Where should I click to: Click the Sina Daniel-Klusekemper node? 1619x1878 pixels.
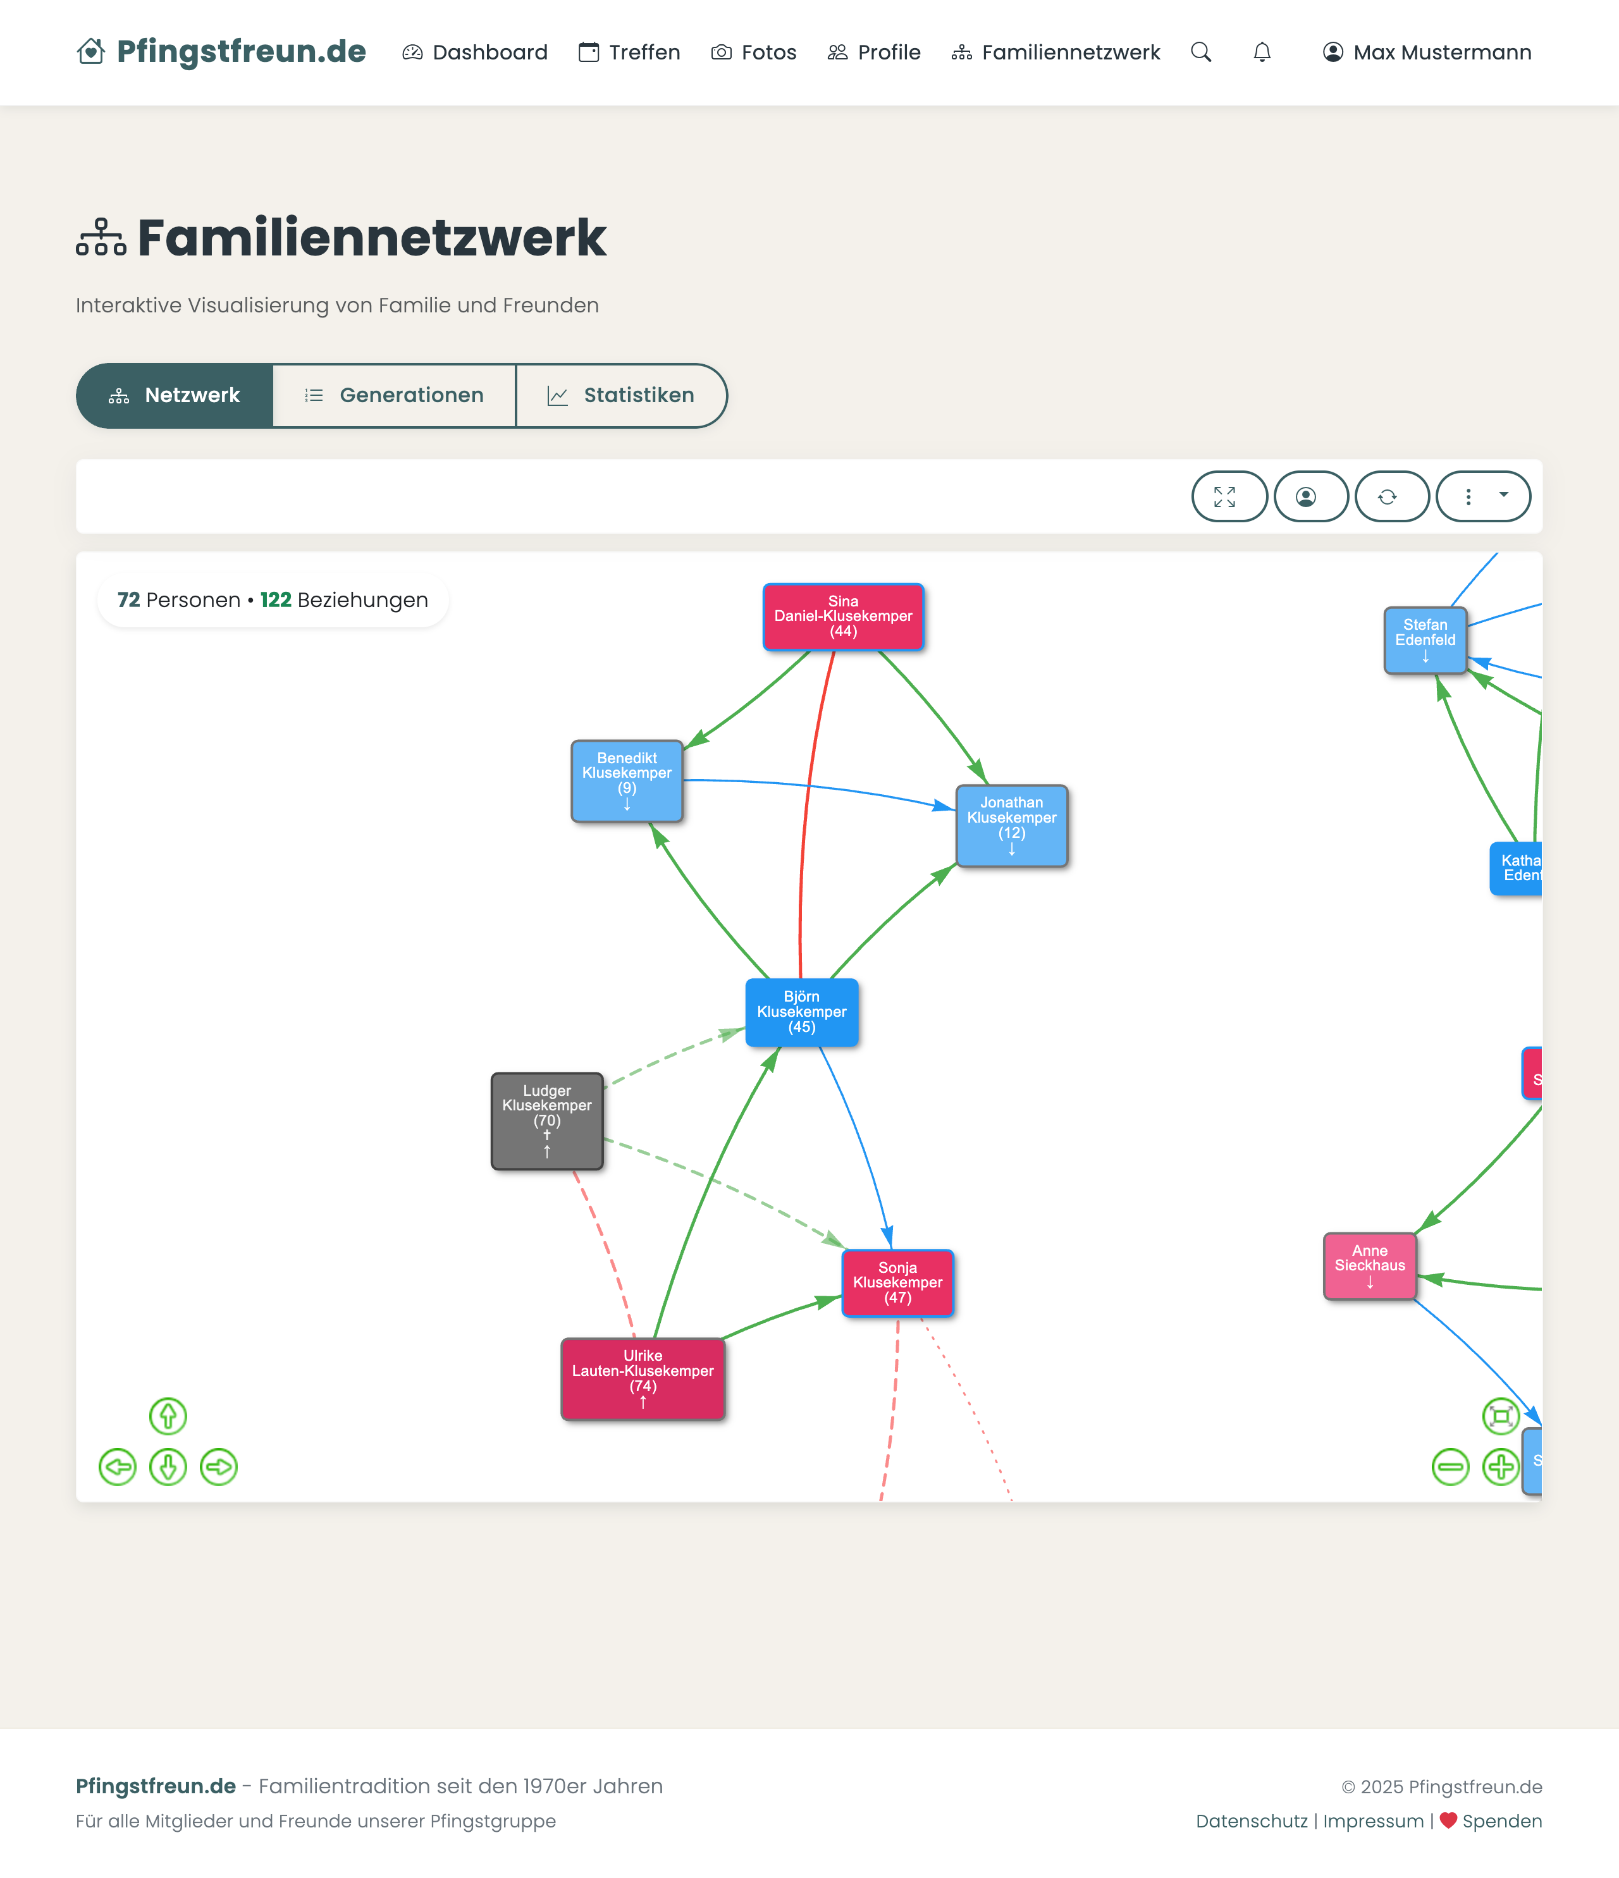[843, 617]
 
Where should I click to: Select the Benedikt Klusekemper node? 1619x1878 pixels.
[626, 780]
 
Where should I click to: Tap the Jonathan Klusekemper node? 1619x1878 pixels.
[1012, 825]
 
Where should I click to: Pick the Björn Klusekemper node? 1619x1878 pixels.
[801, 1012]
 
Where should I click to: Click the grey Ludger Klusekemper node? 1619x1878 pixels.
[546, 1120]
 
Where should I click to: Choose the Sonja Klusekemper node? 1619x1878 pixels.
[897, 1282]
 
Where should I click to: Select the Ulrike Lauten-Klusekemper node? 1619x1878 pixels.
[643, 1378]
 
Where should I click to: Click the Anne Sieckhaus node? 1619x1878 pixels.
[1370, 1265]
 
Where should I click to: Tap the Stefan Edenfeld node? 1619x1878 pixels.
[1425, 640]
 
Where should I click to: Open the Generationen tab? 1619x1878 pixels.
[395, 395]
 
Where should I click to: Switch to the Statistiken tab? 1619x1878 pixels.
[621, 395]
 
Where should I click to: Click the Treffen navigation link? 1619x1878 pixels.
[629, 52]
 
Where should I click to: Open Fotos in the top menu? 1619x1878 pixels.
[754, 52]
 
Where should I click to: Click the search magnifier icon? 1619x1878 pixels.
[1201, 52]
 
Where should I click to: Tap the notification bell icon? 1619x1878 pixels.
[1262, 52]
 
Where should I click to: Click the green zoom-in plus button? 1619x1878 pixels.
[1500, 1466]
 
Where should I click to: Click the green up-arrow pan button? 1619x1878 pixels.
[168, 1416]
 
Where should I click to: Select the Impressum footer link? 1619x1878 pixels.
[1374, 1821]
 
